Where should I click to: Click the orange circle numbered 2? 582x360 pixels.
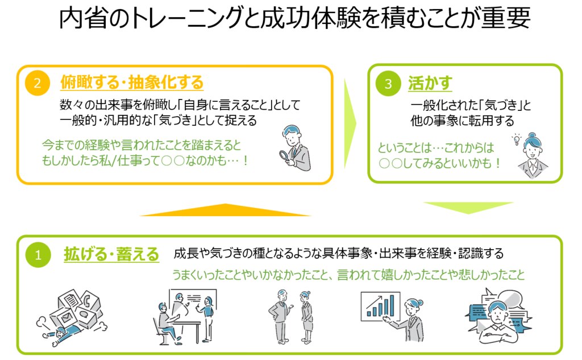coord(38,84)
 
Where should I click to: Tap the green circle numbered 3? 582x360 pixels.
coord(388,84)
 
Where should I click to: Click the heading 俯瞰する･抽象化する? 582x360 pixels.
coord(131,83)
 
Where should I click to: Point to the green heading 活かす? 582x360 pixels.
coord(430,83)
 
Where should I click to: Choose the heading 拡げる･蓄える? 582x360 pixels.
coord(111,254)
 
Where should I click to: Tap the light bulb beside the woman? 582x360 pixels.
coord(517,139)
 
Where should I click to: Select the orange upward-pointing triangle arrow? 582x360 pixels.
coord(226,210)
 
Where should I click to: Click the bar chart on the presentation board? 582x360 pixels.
coord(380,307)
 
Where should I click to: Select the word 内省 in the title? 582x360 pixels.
coord(79,19)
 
